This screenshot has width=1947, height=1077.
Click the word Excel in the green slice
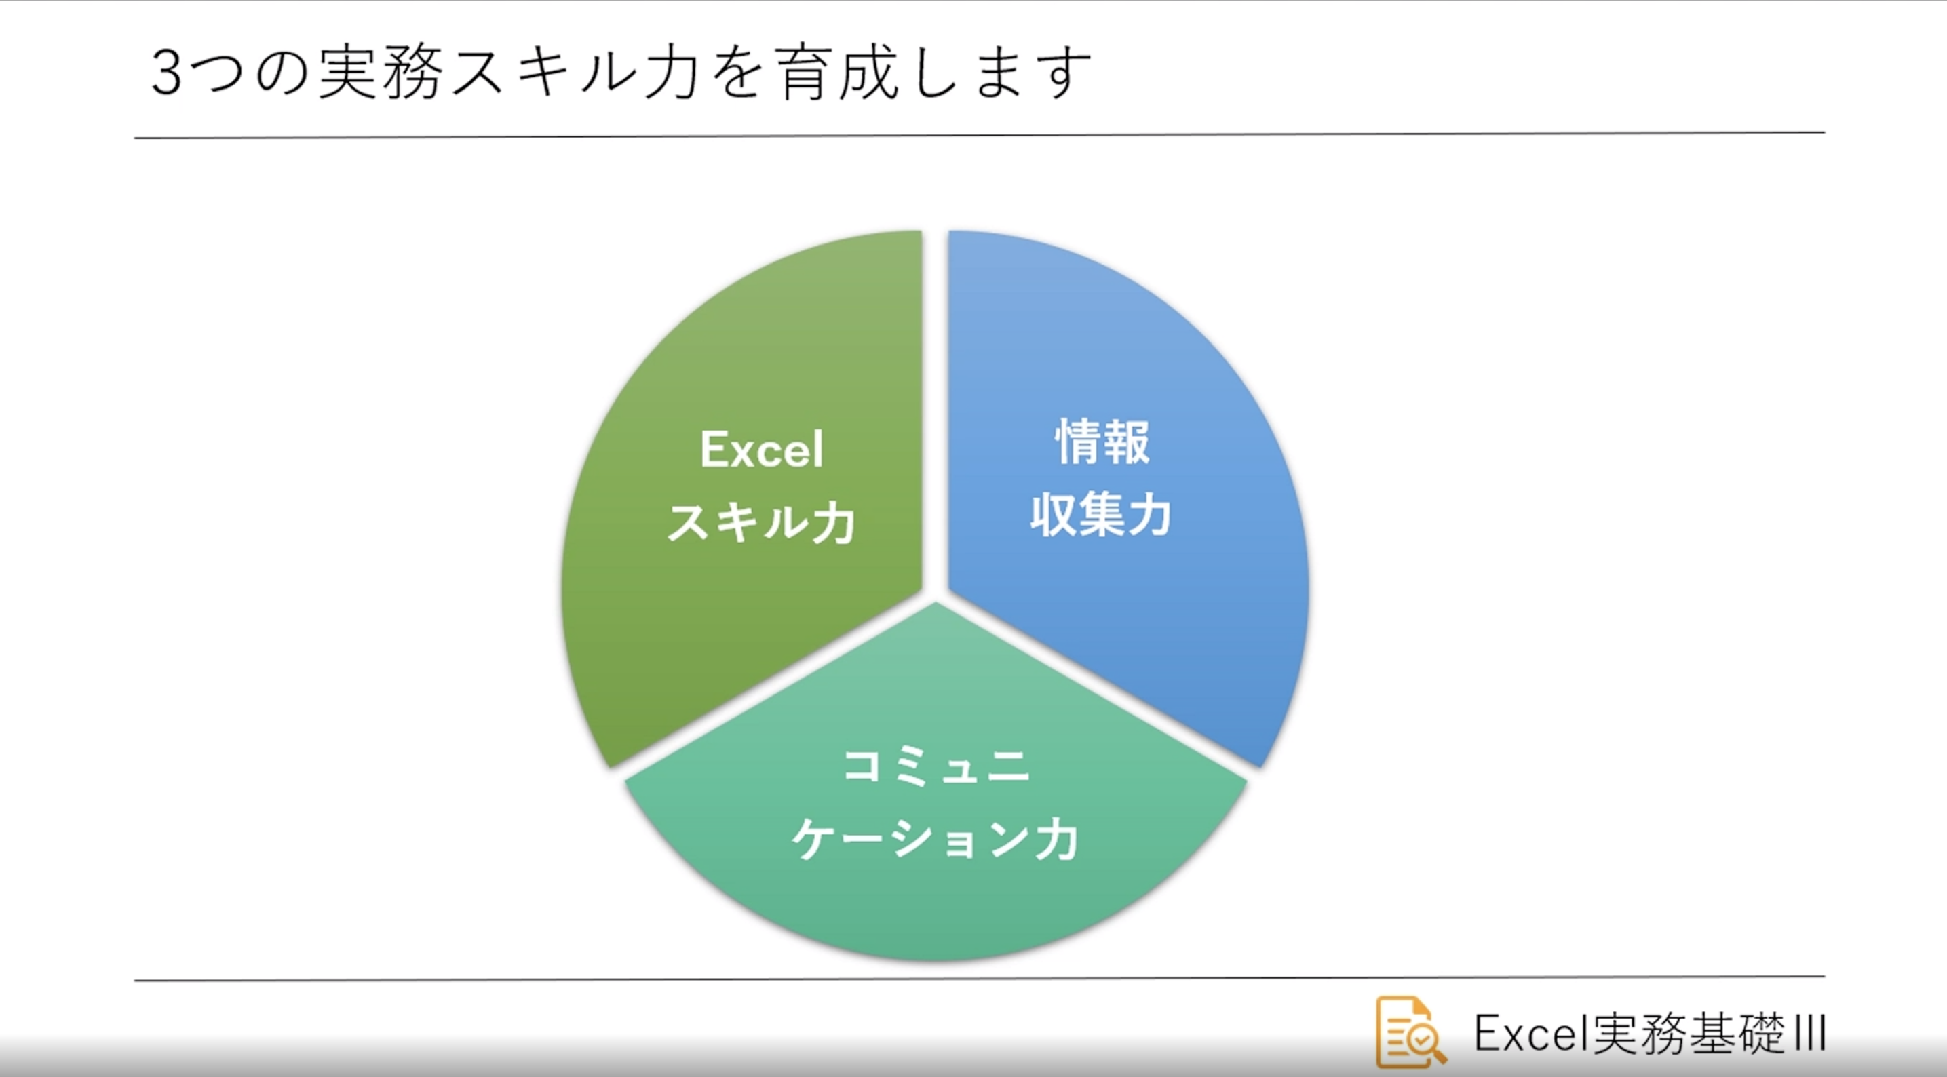pos(761,450)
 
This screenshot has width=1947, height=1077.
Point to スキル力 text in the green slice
pos(761,522)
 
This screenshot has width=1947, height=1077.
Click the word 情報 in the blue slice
pos(1102,442)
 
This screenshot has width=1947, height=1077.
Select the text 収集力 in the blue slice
pos(1100,515)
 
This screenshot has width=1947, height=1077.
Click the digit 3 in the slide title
pos(166,74)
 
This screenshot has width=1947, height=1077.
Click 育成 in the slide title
pos(839,74)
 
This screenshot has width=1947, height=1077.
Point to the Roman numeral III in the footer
pos(1809,1033)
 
